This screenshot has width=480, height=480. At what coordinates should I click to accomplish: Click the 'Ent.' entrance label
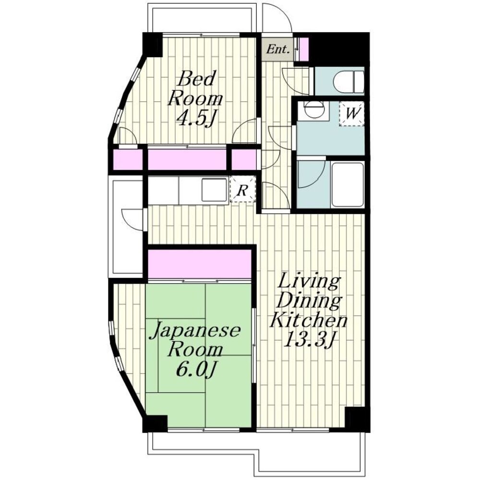point(278,49)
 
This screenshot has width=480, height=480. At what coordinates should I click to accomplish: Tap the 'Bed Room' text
point(196,88)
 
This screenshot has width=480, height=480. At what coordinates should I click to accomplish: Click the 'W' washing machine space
point(352,114)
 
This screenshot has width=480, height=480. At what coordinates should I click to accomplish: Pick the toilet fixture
point(348,82)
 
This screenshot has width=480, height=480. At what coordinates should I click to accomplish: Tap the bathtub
point(348,185)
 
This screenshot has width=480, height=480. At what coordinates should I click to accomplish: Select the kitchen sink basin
point(214,190)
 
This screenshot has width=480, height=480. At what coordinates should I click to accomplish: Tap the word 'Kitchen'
point(308,320)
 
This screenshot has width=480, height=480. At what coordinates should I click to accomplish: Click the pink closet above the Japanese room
point(200,264)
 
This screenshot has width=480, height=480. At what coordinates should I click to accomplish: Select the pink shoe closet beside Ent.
point(304,49)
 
